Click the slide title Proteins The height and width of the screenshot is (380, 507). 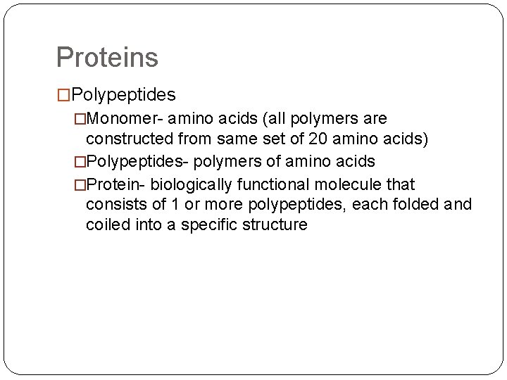pyautogui.click(x=107, y=57)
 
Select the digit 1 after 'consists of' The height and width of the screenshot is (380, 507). pyautogui.click(x=164, y=205)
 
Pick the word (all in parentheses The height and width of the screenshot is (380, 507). pyautogui.click(x=290, y=117)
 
